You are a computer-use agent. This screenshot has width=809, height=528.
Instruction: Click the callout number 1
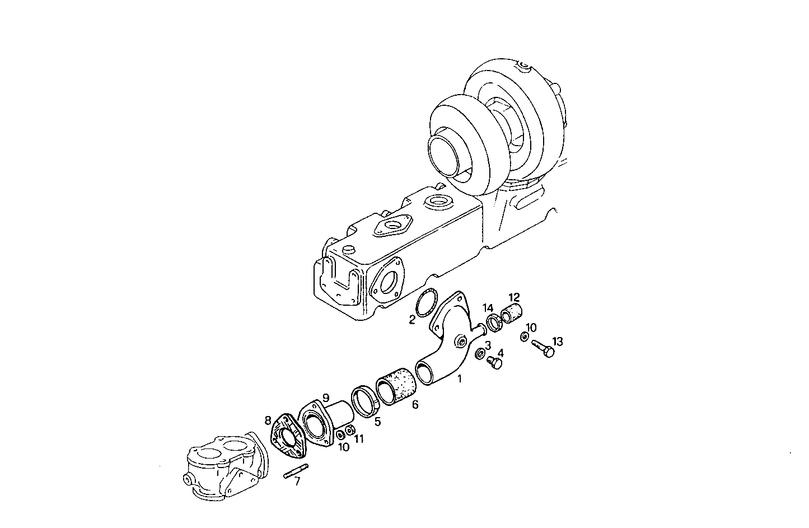[x=460, y=379]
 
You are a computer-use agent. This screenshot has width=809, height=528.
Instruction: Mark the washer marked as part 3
[x=480, y=354]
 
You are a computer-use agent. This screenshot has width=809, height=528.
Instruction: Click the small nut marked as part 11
[x=350, y=430]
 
